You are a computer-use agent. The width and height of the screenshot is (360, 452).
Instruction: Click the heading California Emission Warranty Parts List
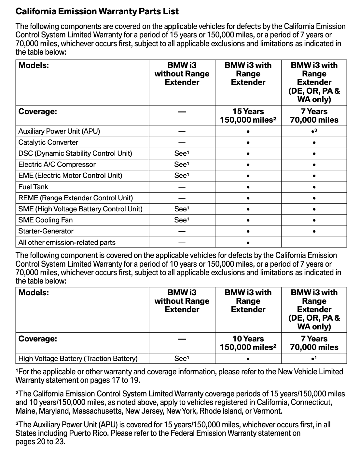tap(97, 11)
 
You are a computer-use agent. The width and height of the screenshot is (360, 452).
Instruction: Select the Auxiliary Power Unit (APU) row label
tap(59, 131)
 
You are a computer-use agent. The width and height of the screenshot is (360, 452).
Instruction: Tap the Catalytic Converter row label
tap(48, 142)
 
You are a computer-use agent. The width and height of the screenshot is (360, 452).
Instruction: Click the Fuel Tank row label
tap(33, 187)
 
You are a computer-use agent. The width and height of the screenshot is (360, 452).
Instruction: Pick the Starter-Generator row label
tap(46, 231)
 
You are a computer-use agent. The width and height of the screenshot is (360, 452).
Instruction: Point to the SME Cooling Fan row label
tap(45, 220)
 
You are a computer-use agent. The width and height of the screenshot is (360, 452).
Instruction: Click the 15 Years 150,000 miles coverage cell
tap(248, 116)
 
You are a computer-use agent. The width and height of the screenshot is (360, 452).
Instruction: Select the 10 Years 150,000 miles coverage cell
tap(248, 343)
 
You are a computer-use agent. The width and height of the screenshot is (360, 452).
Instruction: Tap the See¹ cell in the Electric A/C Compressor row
tap(182, 165)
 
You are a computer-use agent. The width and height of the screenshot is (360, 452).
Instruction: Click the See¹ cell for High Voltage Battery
tap(182, 359)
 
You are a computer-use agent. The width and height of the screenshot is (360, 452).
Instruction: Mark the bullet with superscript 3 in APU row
tap(314, 131)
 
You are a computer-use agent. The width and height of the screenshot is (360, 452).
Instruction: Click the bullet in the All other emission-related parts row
tap(248, 243)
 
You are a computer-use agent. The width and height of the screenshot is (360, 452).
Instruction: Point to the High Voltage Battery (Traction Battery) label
tap(78, 359)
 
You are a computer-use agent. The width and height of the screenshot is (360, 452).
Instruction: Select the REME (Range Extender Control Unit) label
tap(76, 198)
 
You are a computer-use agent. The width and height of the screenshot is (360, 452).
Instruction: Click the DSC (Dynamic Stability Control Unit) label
tap(75, 153)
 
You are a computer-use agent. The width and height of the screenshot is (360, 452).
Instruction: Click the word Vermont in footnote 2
tap(268, 411)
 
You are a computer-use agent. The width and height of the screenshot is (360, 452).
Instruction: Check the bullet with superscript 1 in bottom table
tap(314, 359)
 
